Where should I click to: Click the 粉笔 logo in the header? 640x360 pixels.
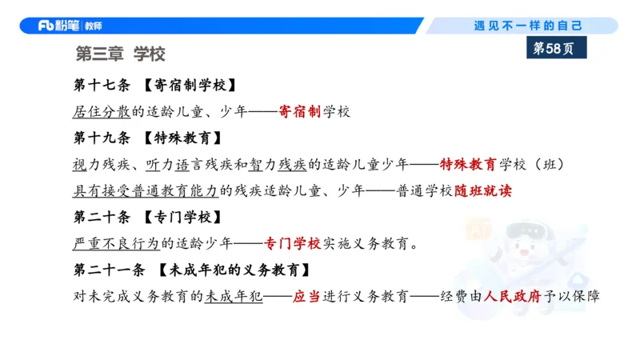tap(59, 26)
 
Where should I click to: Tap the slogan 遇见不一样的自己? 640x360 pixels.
tap(529, 26)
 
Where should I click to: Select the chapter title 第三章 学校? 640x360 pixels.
tap(120, 54)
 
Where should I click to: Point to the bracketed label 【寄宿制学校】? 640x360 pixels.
tap(190, 86)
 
